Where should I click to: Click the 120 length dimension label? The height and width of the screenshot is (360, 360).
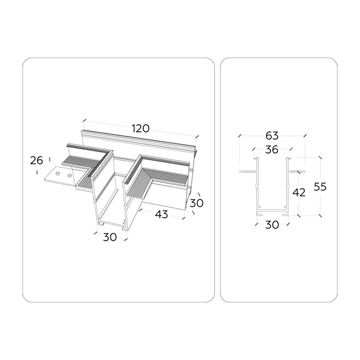pyautogui.click(x=140, y=129)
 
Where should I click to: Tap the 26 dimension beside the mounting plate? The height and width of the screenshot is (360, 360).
pyautogui.click(x=36, y=161)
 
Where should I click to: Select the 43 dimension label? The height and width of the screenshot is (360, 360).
pyautogui.click(x=162, y=215)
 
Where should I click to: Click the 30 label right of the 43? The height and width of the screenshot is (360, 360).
pyautogui.click(x=197, y=203)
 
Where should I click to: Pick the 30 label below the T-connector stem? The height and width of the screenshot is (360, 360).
pyautogui.click(x=110, y=237)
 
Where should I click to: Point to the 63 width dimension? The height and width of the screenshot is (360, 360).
pyautogui.click(x=272, y=136)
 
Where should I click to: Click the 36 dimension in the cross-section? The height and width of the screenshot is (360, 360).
pyautogui.click(x=272, y=150)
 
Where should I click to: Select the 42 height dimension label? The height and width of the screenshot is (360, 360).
pyautogui.click(x=299, y=193)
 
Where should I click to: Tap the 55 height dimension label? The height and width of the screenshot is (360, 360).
pyautogui.click(x=320, y=187)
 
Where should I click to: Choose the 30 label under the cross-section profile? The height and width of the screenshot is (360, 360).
pyautogui.click(x=272, y=225)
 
